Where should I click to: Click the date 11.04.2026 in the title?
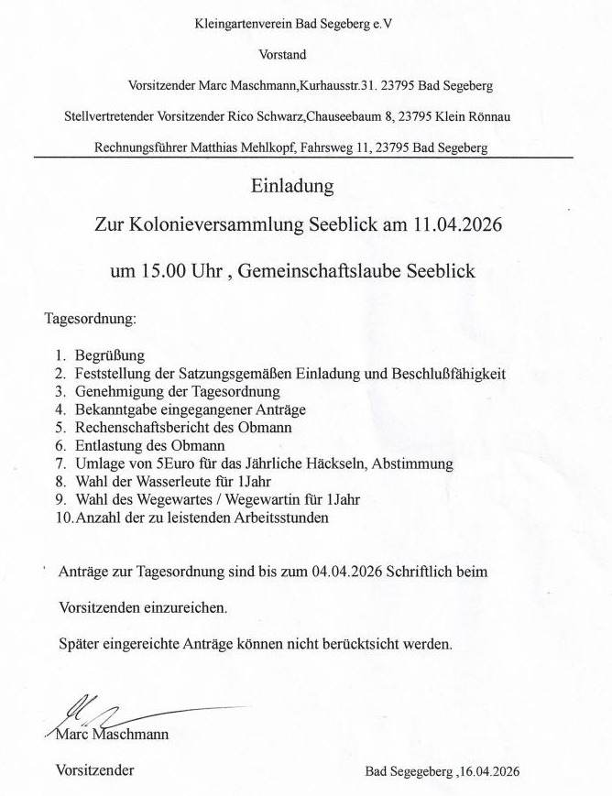tap(443, 225)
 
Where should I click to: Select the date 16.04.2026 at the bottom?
tap(489, 771)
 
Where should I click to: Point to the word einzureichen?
tap(181, 607)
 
